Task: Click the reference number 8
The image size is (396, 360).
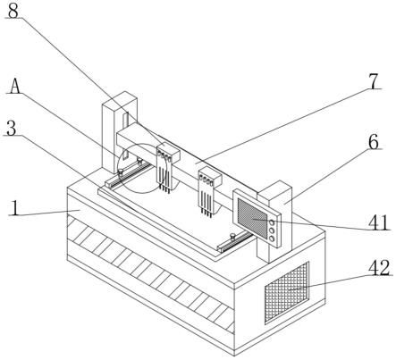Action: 13,10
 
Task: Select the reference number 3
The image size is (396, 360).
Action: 12,129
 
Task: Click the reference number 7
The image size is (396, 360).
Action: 374,81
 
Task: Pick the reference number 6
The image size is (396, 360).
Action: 374,142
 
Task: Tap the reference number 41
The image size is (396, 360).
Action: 379,222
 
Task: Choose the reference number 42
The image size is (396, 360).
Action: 379,268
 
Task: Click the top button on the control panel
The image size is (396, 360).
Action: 272,222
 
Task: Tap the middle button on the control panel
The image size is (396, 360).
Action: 272,230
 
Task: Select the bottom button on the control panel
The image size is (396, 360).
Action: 272,239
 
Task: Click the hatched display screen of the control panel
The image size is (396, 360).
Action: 252,219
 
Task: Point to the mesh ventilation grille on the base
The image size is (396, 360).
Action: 287,292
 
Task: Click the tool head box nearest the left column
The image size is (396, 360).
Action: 168,152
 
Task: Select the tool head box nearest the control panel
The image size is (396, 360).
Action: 210,177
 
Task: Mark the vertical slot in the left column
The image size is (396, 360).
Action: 125,133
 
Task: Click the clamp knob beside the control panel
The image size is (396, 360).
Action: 232,237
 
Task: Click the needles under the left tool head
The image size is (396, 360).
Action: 164,178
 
